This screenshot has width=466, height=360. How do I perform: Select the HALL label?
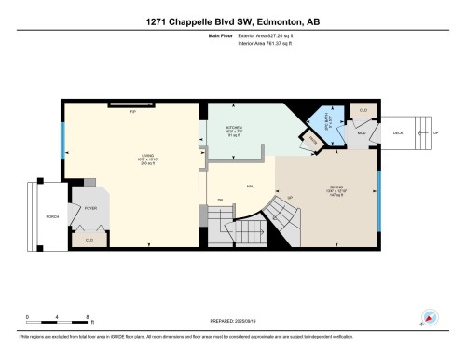click(x=251, y=186)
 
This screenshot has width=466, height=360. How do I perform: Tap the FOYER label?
click(x=91, y=209)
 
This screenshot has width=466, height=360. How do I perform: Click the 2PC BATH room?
click(x=326, y=120)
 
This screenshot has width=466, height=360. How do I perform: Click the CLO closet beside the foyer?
click(x=89, y=240)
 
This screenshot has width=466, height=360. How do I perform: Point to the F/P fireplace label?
click(x=133, y=109)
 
